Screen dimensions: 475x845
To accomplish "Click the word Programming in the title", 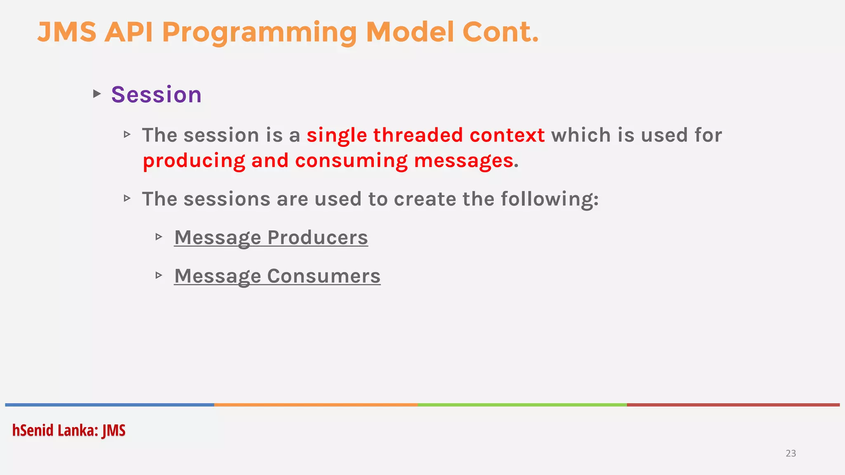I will (260, 33).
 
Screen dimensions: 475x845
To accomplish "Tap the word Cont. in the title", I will (500, 32).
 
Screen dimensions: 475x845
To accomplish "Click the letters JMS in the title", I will (67, 32).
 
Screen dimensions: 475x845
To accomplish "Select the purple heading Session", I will (156, 94).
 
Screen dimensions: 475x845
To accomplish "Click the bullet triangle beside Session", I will (97, 94).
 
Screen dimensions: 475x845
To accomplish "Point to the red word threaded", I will (418, 135).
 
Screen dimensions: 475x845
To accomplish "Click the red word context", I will (507, 135).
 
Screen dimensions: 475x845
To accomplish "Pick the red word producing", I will (194, 161).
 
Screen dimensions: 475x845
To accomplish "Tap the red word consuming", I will (351, 161).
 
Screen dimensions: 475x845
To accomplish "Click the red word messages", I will (464, 161).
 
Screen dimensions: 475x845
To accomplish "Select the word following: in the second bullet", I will (550, 199).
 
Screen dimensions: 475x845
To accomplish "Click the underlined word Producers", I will (317, 237).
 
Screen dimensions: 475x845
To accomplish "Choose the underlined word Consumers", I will (323, 276).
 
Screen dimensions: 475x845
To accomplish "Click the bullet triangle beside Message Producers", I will (159, 237).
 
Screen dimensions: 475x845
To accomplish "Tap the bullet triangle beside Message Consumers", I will (159, 275).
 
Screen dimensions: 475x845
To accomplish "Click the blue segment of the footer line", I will (109, 405).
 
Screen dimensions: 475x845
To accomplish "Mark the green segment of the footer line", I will (522, 405).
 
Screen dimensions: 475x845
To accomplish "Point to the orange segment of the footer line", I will (316, 405).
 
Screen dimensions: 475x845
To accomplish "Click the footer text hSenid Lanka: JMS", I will (69, 430).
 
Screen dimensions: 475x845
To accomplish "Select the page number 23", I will (791, 453).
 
